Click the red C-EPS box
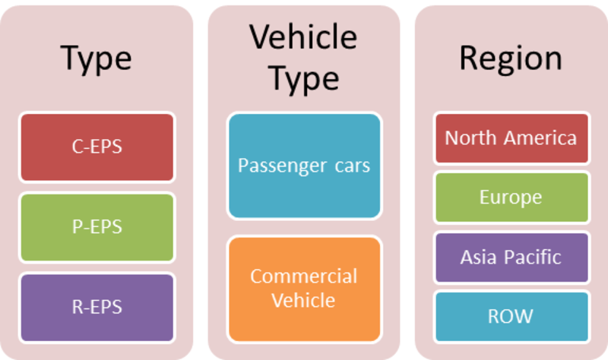[97, 147]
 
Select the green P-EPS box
[97, 228]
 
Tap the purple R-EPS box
[97, 308]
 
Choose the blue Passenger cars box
[305, 166]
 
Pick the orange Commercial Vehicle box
[305, 289]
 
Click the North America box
[511, 138]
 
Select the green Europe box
[511, 197]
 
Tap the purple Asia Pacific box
[511, 257]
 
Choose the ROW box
[511, 317]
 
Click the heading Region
[511, 59]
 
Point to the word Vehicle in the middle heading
[303, 36]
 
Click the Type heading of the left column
[97, 59]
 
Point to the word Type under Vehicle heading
[304, 79]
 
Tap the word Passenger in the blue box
[282, 166]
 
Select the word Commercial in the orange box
[303, 276]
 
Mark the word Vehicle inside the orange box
[303, 300]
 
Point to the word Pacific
[533, 257]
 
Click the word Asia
[478, 257]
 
